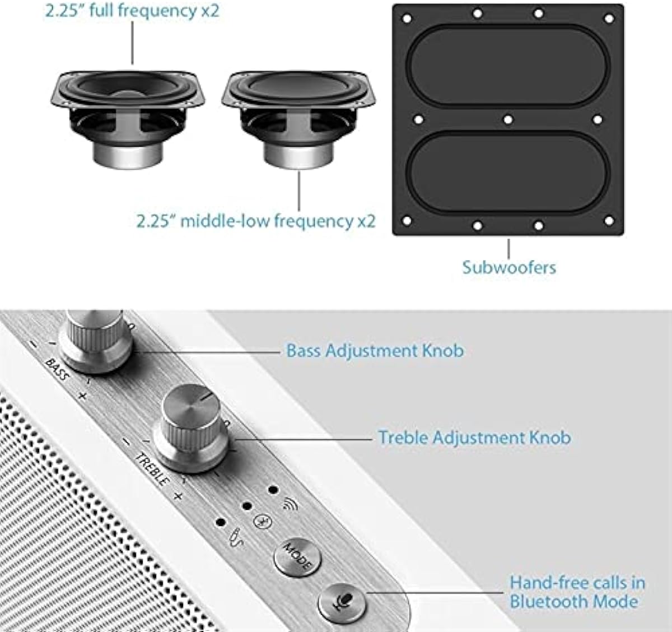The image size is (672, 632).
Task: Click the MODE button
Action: (x=297, y=557)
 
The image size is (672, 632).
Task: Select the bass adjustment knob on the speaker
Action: (x=95, y=339)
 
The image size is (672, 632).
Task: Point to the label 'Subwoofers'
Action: (x=509, y=267)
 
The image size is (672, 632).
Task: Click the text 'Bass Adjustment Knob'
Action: (x=375, y=351)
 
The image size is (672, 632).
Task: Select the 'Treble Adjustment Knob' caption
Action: (x=474, y=437)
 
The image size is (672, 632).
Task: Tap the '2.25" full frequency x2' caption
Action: (x=132, y=11)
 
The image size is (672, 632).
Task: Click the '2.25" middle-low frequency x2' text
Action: (x=256, y=220)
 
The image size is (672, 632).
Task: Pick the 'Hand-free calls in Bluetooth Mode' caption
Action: (x=577, y=592)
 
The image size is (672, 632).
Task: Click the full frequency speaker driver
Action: (x=128, y=112)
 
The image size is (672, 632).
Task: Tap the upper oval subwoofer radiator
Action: (x=507, y=65)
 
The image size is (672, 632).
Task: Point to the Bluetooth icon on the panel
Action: (x=260, y=521)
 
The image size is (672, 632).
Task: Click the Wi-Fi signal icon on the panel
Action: (x=290, y=505)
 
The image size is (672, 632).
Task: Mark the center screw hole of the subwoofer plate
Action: (x=507, y=119)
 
